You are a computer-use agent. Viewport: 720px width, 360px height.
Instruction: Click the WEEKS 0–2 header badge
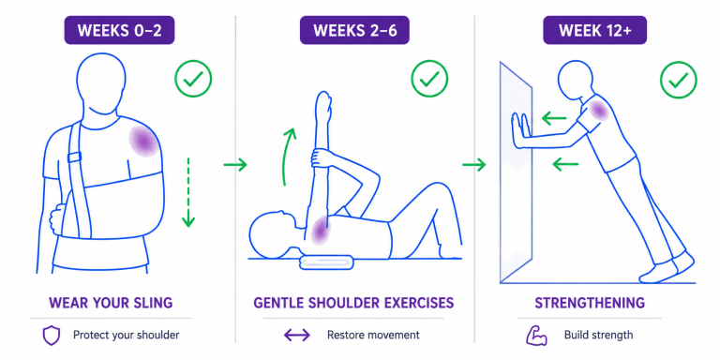[x=119, y=30]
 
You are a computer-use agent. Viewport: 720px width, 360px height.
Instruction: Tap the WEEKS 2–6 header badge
[x=354, y=30]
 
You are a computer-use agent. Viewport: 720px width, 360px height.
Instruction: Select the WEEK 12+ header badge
[x=594, y=30]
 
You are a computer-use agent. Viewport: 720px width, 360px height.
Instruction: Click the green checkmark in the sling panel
[x=193, y=79]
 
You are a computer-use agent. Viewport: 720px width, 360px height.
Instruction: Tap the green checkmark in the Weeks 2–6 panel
[x=429, y=79]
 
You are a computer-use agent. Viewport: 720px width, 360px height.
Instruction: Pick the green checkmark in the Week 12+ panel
[x=678, y=80]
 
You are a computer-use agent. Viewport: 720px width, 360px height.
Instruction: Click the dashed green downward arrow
[x=188, y=193]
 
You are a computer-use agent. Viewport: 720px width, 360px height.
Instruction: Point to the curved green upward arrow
[x=289, y=157]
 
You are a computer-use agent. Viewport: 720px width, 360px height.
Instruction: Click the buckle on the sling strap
[x=74, y=157]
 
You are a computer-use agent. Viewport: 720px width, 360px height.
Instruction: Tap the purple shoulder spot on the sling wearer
[x=144, y=142]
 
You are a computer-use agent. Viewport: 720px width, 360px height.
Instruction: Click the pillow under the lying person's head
[x=326, y=262]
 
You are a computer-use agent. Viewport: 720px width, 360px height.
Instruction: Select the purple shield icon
[x=51, y=336]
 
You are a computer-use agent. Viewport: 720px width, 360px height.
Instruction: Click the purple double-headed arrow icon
[x=297, y=336]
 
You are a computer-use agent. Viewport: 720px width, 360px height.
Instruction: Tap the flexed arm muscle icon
[x=536, y=336]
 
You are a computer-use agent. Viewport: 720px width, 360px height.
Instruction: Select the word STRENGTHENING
[x=590, y=303]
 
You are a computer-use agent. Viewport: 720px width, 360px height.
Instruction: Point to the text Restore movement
[x=373, y=336]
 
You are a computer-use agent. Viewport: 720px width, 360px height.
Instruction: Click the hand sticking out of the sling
[x=57, y=219]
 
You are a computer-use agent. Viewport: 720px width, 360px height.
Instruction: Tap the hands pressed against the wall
[x=520, y=130]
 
